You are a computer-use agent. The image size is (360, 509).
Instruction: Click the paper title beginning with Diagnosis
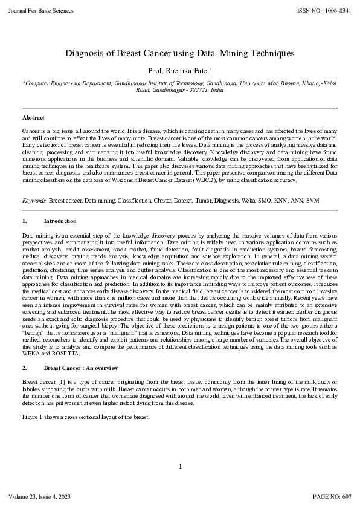coord(179,53)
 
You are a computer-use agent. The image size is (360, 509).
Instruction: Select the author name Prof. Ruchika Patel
coord(179,70)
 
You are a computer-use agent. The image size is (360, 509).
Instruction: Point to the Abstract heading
coord(33,117)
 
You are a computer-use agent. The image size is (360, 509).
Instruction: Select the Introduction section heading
coord(60,221)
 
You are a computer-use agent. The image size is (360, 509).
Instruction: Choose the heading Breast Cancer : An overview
coord(82,368)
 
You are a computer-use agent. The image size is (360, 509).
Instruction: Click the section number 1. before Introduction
coord(24,221)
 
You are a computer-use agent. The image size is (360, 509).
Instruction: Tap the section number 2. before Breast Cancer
coord(24,368)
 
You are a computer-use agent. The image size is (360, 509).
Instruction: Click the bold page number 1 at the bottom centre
coord(180,466)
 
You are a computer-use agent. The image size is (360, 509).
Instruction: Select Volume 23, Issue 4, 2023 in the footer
coord(40,497)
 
